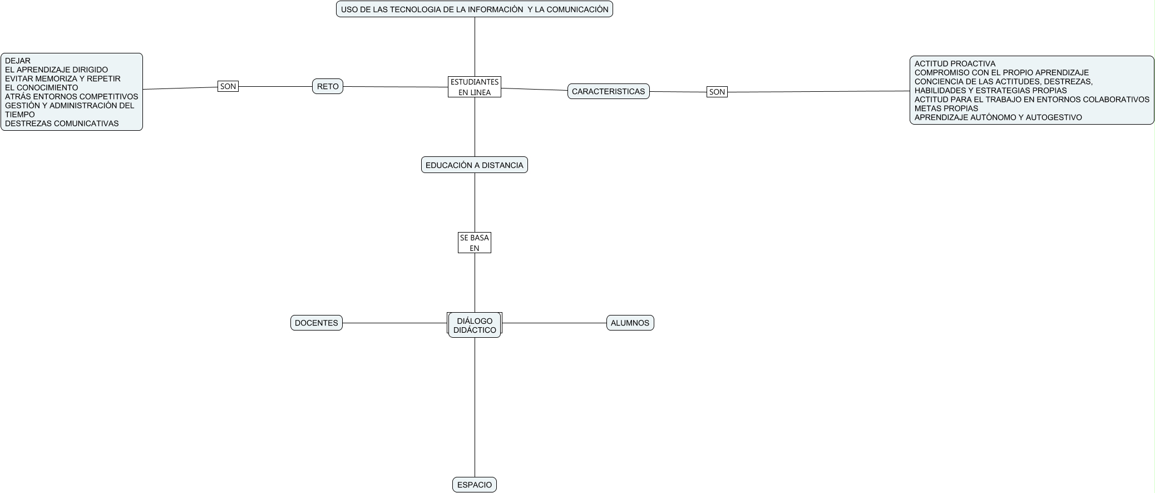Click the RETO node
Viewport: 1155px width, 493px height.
(x=328, y=87)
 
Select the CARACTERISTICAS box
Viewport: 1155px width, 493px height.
(x=608, y=91)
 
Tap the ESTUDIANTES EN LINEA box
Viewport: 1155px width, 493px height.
(x=474, y=87)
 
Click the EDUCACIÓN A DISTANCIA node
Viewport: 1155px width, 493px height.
(x=474, y=165)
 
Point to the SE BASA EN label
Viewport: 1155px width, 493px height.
(x=474, y=243)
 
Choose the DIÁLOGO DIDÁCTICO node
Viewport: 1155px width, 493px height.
(x=474, y=325)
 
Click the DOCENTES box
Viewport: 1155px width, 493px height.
(x=316, y=323)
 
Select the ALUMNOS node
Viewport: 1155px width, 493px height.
(x=630, y=323)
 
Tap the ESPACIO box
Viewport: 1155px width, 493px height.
(x=474, y=485)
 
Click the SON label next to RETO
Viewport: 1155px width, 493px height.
(x=228, y=86)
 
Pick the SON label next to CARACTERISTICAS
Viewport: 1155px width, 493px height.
(x=717, y=92)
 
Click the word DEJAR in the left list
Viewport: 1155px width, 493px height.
(x=18, y=61)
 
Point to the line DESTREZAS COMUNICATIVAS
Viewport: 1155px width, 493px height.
(x=62, y=124)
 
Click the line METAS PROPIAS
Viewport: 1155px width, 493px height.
(x=946, y=109)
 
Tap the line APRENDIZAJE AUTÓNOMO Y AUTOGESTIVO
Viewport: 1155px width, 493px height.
(x=998, y=117)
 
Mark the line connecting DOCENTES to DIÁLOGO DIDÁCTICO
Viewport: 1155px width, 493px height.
(x=395, y=323)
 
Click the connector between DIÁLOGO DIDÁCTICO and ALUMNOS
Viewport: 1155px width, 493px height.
(x=554, y=323)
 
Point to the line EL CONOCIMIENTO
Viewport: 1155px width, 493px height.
(x=42, y=87)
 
